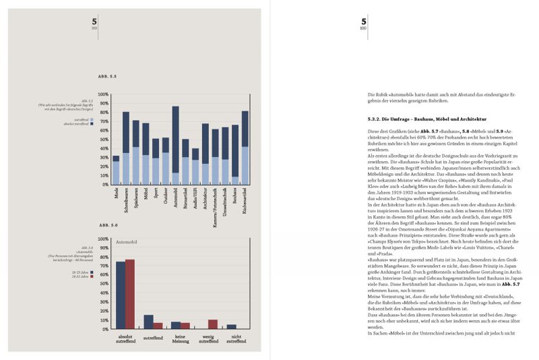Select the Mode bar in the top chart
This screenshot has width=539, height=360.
[116, 169]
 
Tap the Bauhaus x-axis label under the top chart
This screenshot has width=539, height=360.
[234, 198]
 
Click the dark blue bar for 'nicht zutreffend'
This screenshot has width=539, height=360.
[231, 326]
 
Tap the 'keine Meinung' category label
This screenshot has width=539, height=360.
[181, 338]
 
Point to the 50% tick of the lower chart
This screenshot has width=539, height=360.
[104, 284]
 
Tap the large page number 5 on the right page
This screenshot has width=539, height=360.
[364, 22]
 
